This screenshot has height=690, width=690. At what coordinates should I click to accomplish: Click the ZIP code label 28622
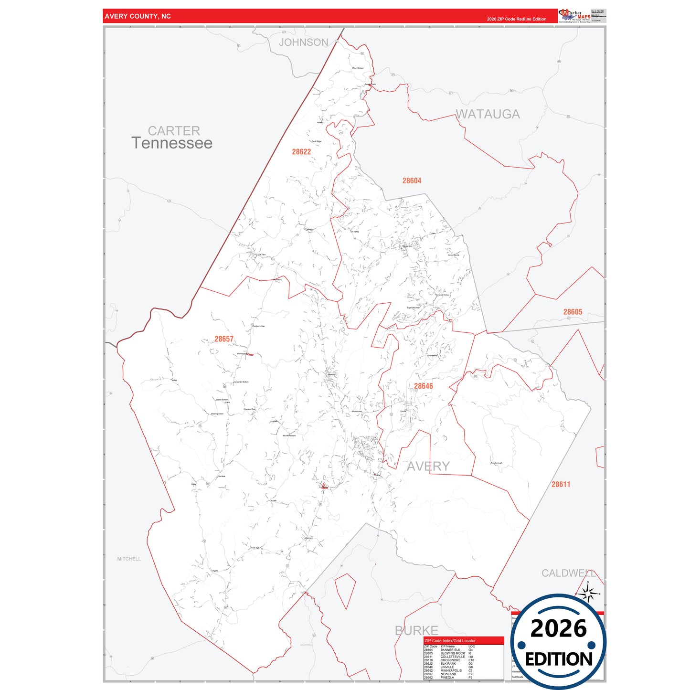coord(301,152)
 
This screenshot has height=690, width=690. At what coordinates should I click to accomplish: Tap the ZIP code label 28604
coord(412,180)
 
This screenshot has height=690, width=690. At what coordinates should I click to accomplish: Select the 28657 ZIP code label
coord(224,339)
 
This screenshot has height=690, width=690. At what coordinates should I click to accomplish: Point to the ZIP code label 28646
coord(423,386)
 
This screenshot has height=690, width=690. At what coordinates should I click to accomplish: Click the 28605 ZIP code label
coord(573,312)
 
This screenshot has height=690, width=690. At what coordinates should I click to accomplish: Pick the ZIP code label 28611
coord(561,484)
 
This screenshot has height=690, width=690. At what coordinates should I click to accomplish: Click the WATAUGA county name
coord(488,114)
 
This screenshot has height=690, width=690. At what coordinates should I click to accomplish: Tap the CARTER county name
coord(174,130)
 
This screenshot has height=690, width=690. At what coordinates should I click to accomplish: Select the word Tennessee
coord(172,143)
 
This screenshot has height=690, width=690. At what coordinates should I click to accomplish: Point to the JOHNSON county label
coord(304,42)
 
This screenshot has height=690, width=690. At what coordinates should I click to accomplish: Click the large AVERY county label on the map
coord(428,466)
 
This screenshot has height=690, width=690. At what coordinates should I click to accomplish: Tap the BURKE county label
coord(416,630)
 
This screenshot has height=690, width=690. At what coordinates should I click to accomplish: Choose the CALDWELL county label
coord(568,573)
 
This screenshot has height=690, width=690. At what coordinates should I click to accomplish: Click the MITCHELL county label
coord(129,559)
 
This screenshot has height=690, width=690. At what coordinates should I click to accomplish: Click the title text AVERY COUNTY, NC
coord(138,16)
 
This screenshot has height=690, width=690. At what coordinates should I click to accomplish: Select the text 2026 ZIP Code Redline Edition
coord(517,19)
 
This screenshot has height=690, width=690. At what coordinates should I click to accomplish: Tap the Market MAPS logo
coord(574,16)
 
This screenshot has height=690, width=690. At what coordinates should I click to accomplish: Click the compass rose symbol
coord(588,594)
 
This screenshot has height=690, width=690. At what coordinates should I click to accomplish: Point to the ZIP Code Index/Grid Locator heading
coord(450,641)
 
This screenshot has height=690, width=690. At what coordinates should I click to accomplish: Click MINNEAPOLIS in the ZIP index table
coord(451,670)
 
